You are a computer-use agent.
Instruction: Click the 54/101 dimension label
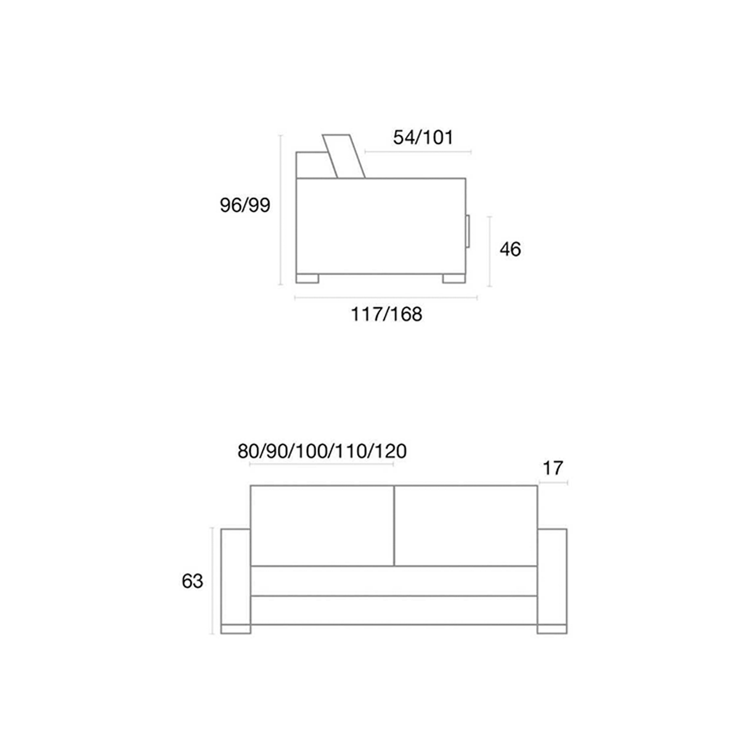pyautogui.click(x=423, y=137)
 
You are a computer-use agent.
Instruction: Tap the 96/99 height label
pyautogui.click(x=245, y=205)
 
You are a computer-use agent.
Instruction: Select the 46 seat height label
pyautogui.click(x=510, y=249)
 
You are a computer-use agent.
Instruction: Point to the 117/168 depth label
pyautogui.click(x=386, y=314)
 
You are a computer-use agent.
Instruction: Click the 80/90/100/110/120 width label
pyautogui.click(x=322, y=451)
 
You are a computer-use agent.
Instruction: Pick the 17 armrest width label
pyautogui.click(x=553, y=468)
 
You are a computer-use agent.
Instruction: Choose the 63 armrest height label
pyautogui.click(x=192, y=582)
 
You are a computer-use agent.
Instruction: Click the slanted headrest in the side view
pyautogui.click(x=344, y=157)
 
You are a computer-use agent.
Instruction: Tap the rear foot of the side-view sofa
pyautogui.click(x=307, y=278)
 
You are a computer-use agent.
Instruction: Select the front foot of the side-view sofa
pyautogui.click(x=454, y=278)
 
